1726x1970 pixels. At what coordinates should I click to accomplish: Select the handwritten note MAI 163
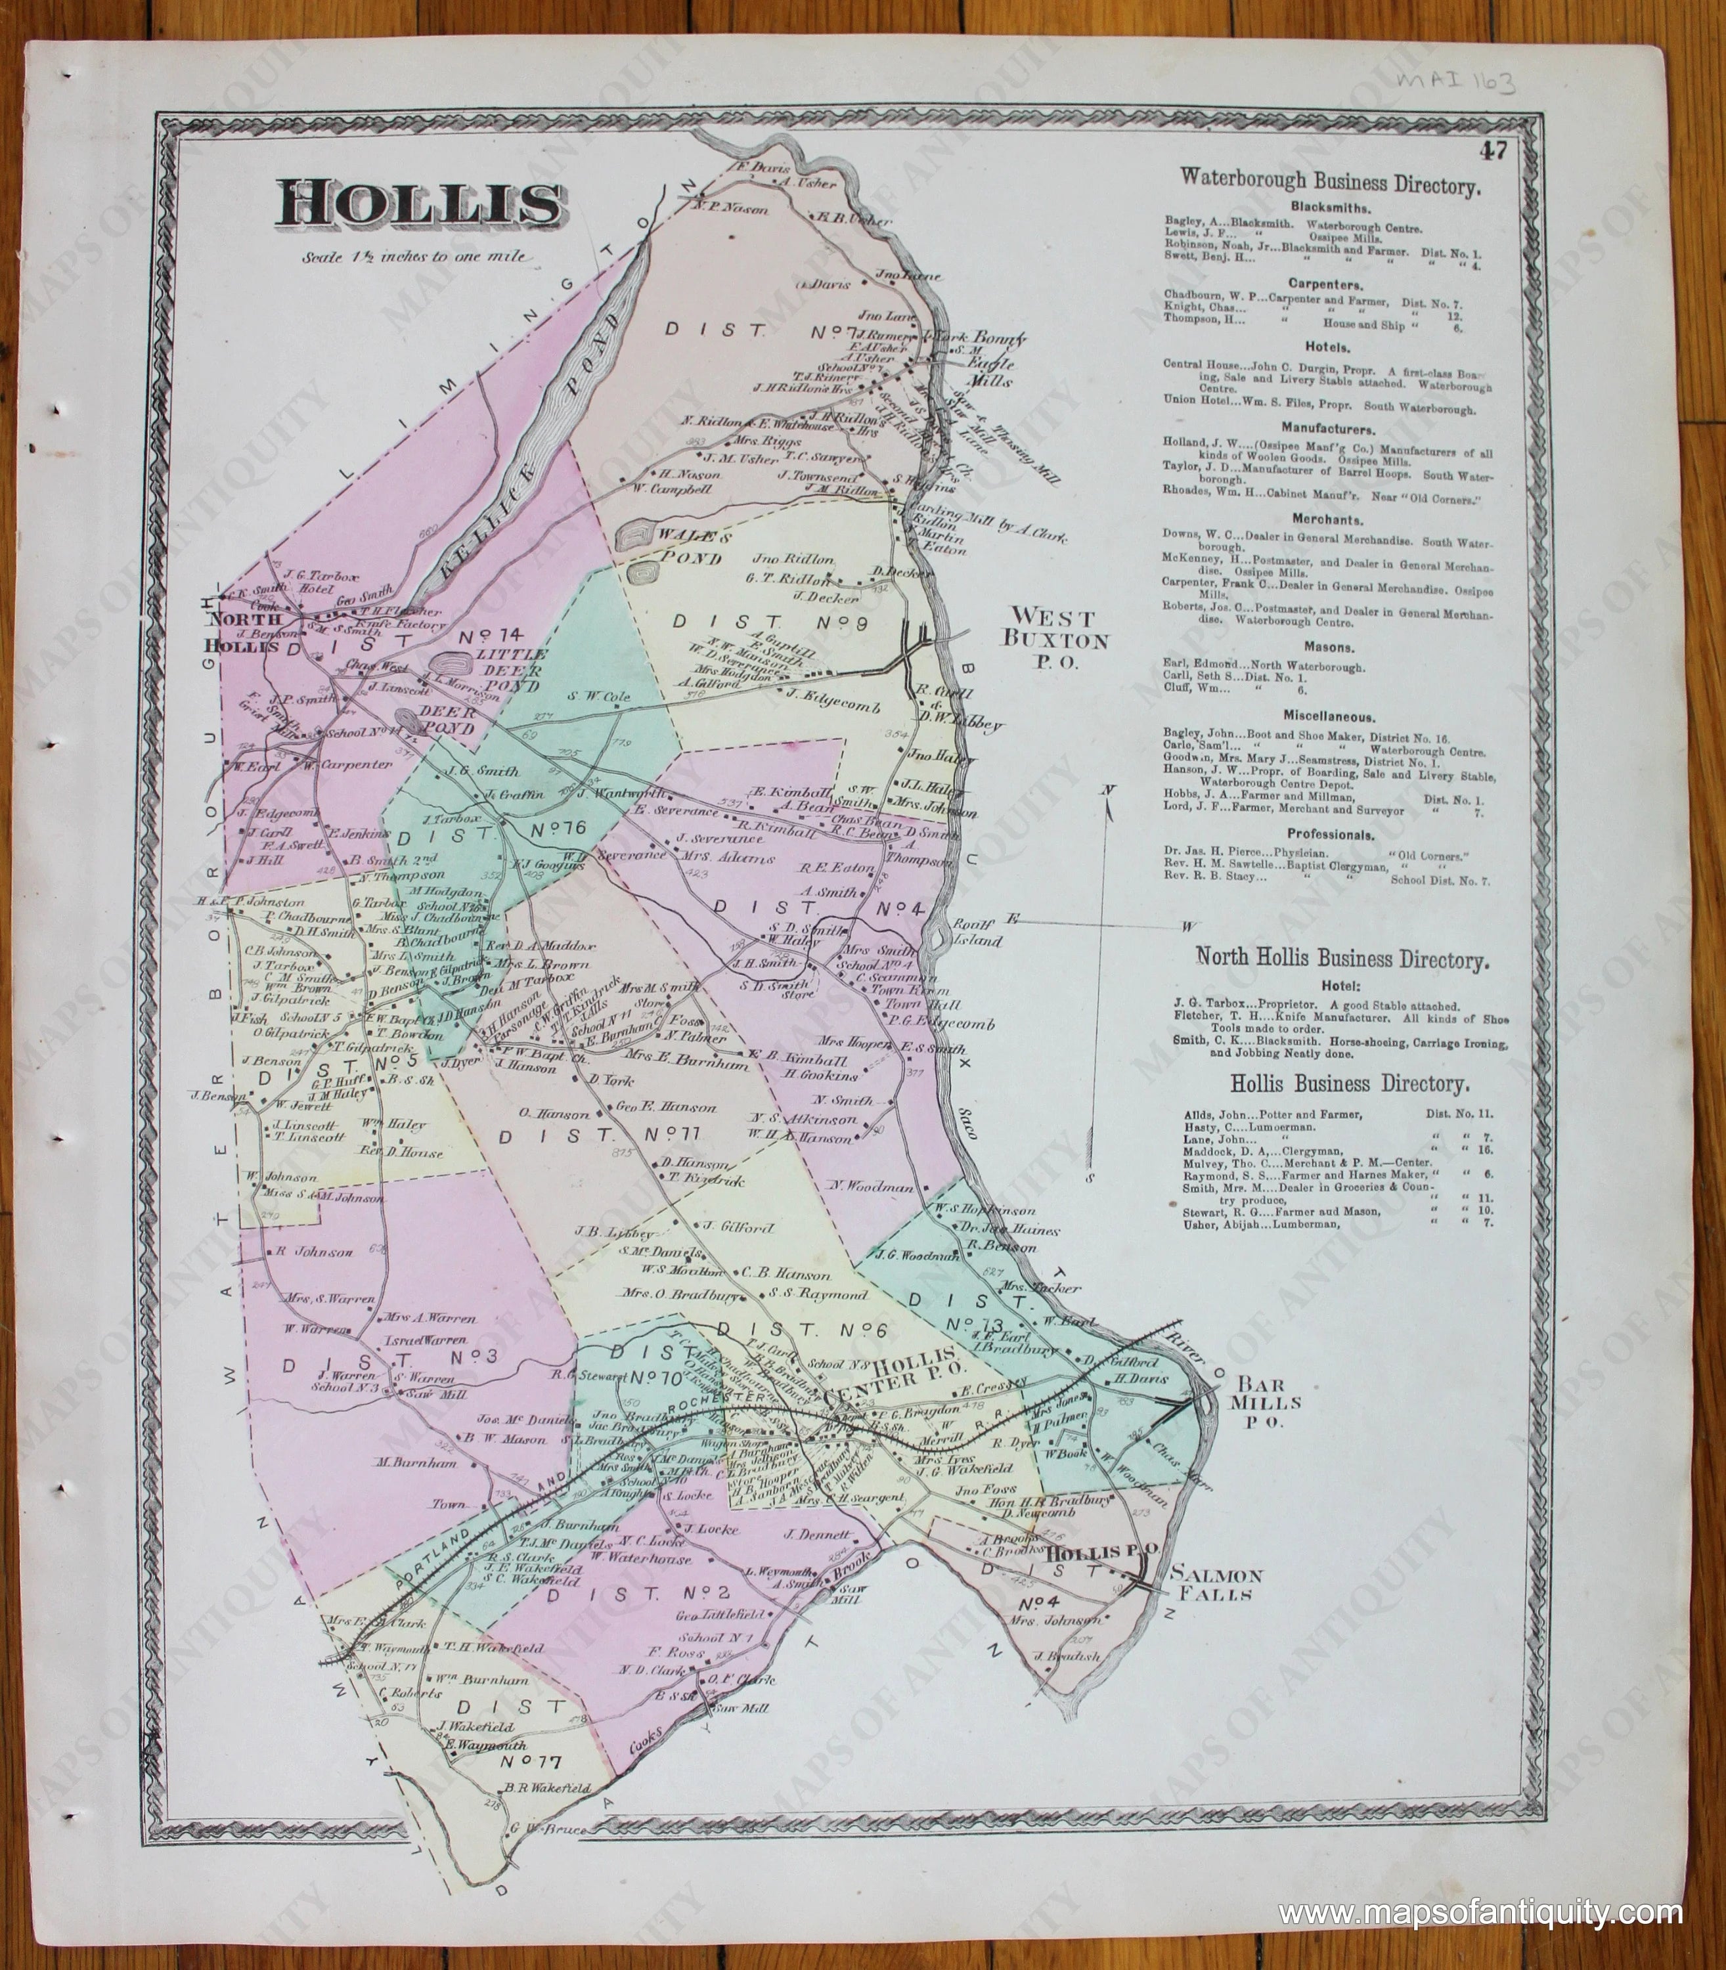[x=1454, y=83]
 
